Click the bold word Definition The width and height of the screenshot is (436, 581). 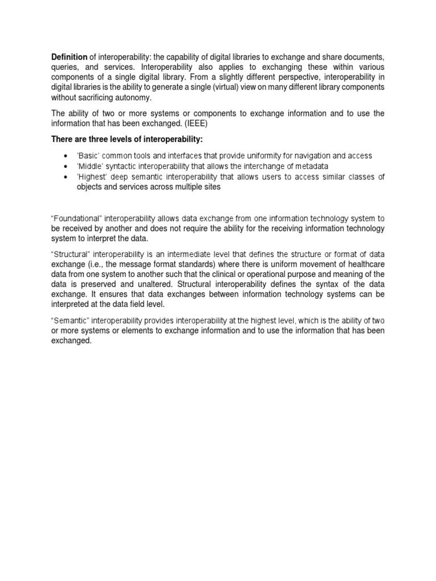pos(69,57)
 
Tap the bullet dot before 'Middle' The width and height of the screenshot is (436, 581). pos(66,166)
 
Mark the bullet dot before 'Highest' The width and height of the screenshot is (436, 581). pos(66,176)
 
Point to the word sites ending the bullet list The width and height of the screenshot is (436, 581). pos(208,187)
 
